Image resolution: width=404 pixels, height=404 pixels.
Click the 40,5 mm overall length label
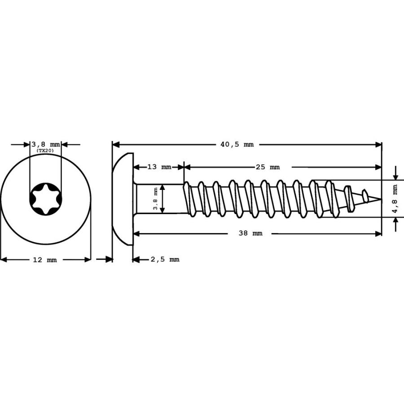tap(237, 145)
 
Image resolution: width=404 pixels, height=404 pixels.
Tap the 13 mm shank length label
tap(159, 167)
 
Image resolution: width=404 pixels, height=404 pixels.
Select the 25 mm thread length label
tap(268, 167)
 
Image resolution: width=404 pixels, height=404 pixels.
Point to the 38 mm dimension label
tap(250, 233)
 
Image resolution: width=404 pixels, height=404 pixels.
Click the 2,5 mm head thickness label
tap(165, 259)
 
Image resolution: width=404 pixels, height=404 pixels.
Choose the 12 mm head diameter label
tap(45, 260)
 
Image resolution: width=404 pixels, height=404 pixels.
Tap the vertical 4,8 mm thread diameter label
tap(395, 199)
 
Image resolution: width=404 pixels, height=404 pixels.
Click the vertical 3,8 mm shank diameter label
tap(155, 199)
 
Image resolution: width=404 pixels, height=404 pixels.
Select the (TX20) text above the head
tap(45, 150)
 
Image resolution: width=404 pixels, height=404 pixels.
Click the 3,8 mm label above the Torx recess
tap(46, 144)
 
